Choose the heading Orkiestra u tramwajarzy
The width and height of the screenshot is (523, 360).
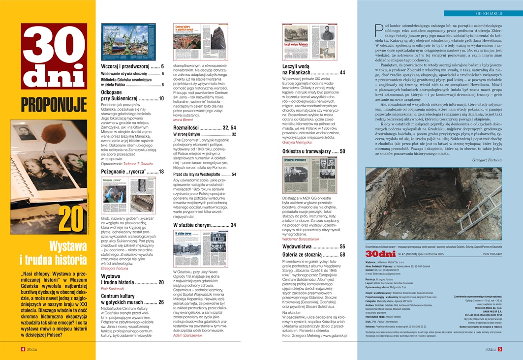tap(313, 151)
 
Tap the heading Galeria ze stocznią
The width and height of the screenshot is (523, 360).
tap(313, 254)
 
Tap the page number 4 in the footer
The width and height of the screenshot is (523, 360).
tap(23, 350)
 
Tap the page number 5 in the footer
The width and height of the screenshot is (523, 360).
tap(499, 350)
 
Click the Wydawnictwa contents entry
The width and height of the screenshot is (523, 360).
tap(313, 246)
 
